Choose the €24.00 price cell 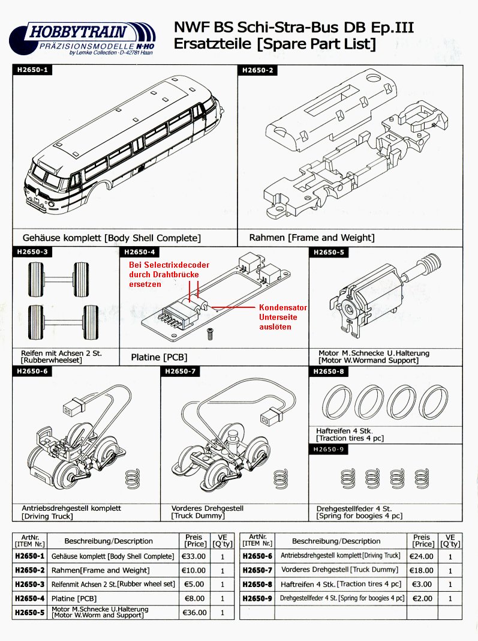pyautogui.click(x=421, y=556)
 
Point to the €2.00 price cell pyautogui.click(x=421, y=598)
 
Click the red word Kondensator pyautogui.click(x=283, y=307)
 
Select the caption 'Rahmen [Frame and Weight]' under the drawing pyautogui.click(x=311, y=238)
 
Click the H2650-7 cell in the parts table pyautogui.click(x=257, y=570)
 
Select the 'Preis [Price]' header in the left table pyautogui.click(x=193, y=541)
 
